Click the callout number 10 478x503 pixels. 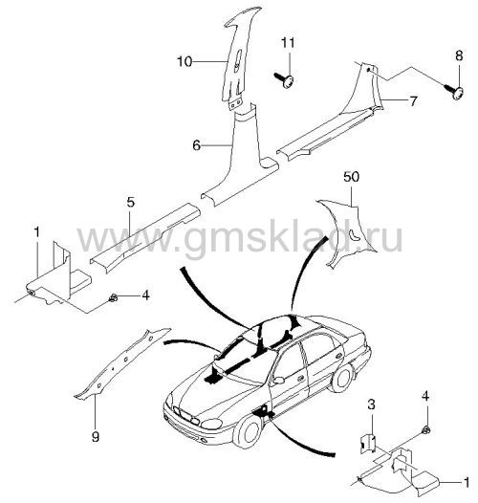click(185, 61)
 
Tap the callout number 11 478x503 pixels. click(288, 43)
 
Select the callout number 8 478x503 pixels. click(459, 55)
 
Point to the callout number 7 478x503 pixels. click(413, 101)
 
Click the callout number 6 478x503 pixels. click(196, 145)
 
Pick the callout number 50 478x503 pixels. click(351, 177)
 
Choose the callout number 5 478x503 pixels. click(130, 202)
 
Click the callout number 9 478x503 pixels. click(96, 437)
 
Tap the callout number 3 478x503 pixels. click(371, 405)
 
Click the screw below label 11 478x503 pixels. click(285, 79)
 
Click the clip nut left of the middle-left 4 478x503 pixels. click(113, 298)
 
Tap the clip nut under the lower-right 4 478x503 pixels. click(426, 430)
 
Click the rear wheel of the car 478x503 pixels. click(342, 379)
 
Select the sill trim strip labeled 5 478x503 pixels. click(145, 237)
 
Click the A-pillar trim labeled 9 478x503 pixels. click(122, 362)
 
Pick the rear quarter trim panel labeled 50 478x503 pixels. click(346, 232)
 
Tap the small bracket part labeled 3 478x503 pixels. click(368, 444)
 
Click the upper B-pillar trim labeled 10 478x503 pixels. click(239, 57)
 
